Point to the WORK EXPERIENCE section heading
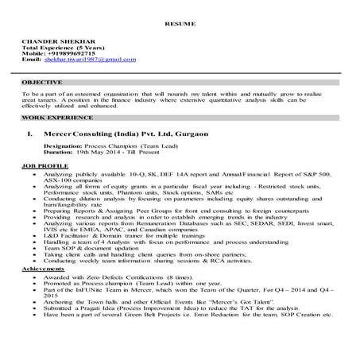(x=48, y=116)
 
